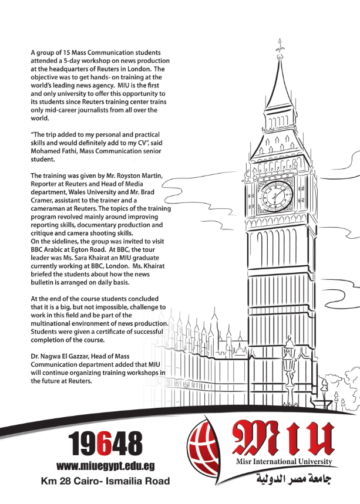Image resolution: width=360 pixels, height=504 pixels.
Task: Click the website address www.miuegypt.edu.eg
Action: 106,466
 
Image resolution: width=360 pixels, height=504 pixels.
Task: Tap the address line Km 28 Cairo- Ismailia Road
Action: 106,481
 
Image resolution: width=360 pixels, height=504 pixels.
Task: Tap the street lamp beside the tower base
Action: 288,367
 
